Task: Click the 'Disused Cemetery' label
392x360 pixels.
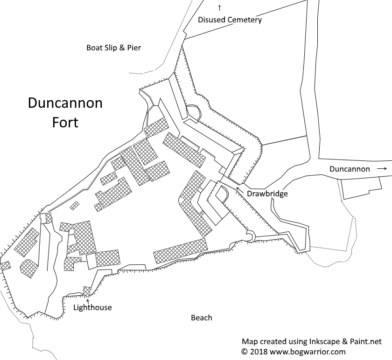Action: (230, 20)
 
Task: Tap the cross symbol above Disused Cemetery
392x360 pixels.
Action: (219, 7)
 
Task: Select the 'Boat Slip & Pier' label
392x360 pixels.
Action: (113, 48)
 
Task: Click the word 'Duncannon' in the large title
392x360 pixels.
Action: (65, 103)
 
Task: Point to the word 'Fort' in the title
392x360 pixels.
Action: (65, 123)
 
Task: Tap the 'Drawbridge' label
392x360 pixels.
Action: (267, 194)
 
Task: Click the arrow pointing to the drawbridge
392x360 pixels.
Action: (239, 189)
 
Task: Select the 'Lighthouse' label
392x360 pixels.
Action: (92, 308)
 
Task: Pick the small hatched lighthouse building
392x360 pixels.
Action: (87, 291)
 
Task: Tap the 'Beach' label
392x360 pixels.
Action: (202, 318)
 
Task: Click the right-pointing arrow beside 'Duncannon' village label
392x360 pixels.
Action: (382, 169)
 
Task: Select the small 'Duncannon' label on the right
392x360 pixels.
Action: (350, 169)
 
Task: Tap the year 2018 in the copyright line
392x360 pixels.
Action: (257, 351)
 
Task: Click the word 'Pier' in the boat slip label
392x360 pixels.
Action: (133, 48)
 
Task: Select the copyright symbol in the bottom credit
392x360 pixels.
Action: (244, 351)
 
